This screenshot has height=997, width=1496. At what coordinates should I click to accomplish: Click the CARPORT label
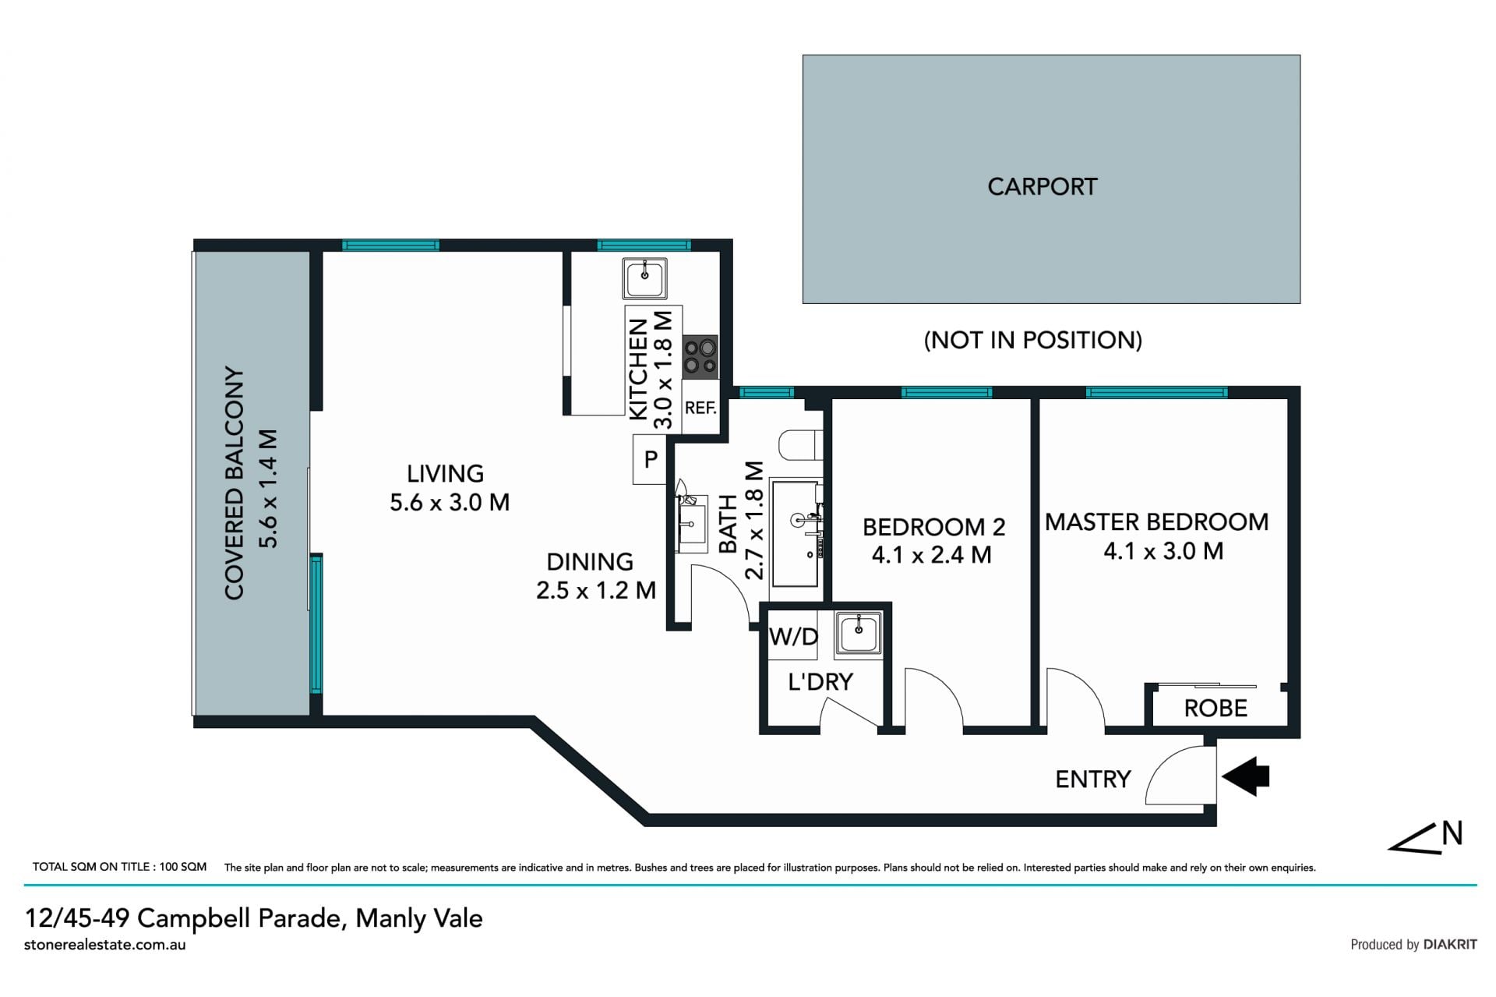1043,186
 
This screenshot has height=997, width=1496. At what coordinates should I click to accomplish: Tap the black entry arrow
1246,776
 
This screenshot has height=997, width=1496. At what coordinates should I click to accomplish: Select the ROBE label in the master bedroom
1215,708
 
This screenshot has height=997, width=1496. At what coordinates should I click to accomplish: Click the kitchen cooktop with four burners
700,356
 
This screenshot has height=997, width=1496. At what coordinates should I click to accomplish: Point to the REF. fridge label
700,408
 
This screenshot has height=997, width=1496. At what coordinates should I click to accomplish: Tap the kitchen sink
644,278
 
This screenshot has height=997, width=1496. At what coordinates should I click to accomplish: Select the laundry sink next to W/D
858,632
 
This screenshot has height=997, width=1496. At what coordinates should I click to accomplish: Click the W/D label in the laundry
793,637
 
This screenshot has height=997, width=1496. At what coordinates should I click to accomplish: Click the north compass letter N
1452,833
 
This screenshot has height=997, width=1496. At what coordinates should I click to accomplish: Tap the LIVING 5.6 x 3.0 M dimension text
450,502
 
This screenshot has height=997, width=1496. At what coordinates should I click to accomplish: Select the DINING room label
590,561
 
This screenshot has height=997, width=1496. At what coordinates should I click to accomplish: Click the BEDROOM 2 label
933,527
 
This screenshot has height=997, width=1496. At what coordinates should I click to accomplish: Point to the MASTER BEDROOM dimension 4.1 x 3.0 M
1163,551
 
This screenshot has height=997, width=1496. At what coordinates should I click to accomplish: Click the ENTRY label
1092,779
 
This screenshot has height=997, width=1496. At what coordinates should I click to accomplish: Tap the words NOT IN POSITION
1032,340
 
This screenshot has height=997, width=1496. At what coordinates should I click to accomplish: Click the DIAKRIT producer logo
1450,944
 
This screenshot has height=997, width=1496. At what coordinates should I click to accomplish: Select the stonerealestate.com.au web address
105,945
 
